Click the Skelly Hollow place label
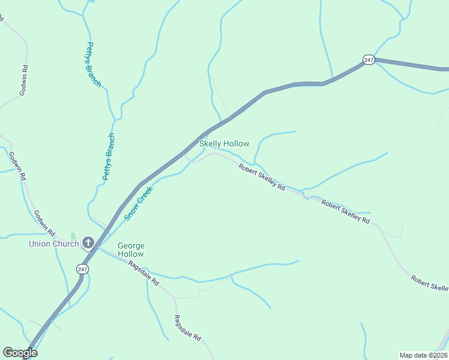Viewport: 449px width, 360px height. [224, 144]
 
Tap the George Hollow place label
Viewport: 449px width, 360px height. [131, 250]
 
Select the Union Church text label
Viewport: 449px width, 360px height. [54, 244]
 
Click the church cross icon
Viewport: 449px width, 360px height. [88, 243]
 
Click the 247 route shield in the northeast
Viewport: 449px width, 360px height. [369, 59]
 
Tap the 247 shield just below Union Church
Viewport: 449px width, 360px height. [82, 269]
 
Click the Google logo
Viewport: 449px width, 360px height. [20, 353]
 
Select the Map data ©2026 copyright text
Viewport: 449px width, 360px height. [423, 355]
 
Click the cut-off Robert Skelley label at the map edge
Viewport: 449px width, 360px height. [430, 283]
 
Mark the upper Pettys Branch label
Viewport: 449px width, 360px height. [94, 64]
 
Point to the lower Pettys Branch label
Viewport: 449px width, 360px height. [108, 157]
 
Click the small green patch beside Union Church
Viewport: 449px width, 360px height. [73, 236]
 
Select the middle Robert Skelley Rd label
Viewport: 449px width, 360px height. [345, 212]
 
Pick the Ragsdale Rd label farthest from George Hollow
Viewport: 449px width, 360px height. [187, 328]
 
